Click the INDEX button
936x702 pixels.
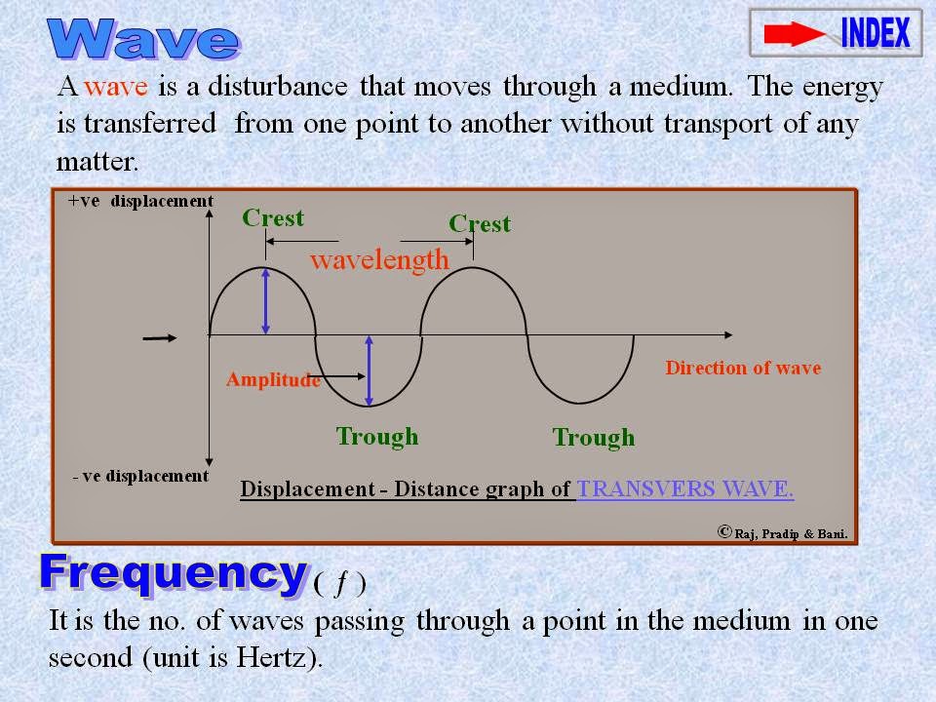874,33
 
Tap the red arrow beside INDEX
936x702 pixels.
794,35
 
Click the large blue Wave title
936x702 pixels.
143,40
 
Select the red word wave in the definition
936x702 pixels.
116,86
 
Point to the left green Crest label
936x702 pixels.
273,217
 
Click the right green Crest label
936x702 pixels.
480,223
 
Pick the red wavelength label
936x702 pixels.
379,259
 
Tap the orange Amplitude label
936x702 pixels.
273,380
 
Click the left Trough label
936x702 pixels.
377,436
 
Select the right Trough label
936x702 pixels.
594,438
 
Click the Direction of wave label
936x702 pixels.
743,368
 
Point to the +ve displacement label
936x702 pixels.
140,201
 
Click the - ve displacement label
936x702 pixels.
140,476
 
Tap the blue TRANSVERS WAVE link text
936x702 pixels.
685,489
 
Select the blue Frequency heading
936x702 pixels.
172,572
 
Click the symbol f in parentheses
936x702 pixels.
340,584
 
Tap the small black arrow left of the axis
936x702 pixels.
160,338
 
